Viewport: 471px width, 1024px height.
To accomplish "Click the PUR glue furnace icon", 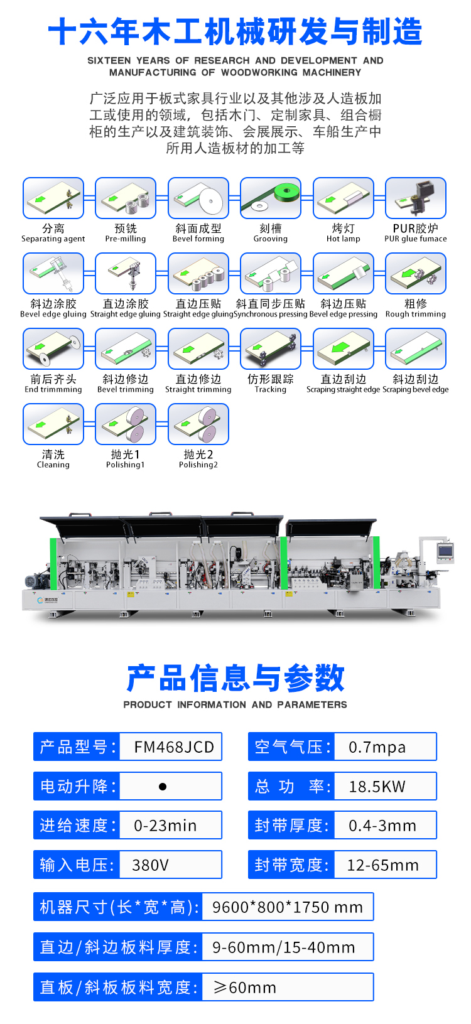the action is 415,198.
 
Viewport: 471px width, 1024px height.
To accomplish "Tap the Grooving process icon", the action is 271,198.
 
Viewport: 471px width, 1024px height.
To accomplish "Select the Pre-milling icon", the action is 126,198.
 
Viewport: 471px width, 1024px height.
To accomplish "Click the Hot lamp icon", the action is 344,198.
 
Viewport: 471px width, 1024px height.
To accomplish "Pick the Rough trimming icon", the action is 415,273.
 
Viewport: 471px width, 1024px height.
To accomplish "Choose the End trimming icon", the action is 53,349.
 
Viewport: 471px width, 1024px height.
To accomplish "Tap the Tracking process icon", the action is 271,349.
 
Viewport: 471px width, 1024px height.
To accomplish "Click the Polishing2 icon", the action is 198,424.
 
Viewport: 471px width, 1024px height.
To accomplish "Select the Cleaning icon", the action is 53,424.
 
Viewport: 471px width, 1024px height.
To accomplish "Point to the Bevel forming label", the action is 198,239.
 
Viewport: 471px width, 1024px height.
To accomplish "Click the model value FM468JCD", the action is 174,747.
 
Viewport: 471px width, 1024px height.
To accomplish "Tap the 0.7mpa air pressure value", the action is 377,747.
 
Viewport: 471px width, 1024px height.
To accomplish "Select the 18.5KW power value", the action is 377,786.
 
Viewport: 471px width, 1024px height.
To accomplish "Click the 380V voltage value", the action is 151,865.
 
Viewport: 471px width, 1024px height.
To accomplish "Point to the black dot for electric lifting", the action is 162,787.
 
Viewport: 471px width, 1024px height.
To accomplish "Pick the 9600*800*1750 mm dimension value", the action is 288,907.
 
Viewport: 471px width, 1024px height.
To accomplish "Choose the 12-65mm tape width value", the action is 383,865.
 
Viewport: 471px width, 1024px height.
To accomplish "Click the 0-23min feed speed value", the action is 165,826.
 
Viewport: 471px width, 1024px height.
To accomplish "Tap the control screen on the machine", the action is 445,551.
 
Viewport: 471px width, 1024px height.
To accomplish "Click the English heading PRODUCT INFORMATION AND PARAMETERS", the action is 235,704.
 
